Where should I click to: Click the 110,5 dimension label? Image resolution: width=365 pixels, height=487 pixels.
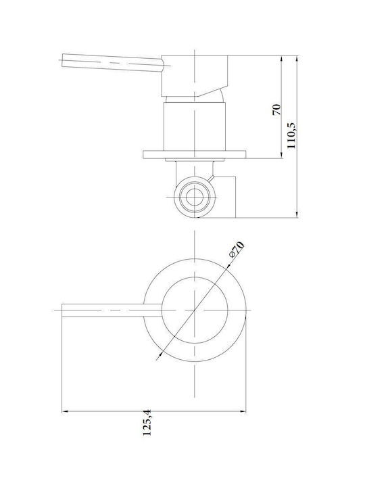[292, 135]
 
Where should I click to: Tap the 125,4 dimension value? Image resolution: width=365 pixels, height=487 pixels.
[147, 423]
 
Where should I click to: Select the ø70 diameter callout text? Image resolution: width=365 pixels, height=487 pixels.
[237, 250]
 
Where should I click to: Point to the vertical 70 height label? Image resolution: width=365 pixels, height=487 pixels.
[276, 110]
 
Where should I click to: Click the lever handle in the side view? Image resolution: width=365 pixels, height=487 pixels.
[112, 63]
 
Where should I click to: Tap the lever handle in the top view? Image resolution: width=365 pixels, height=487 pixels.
[112, 310]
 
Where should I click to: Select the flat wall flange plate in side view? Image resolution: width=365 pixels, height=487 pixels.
[195, 154]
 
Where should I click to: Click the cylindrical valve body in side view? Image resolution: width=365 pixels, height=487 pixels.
[194, 126]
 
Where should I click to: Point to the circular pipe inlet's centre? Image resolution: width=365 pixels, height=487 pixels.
[195, 197]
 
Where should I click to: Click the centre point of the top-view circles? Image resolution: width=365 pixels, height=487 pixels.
[195, 310]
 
